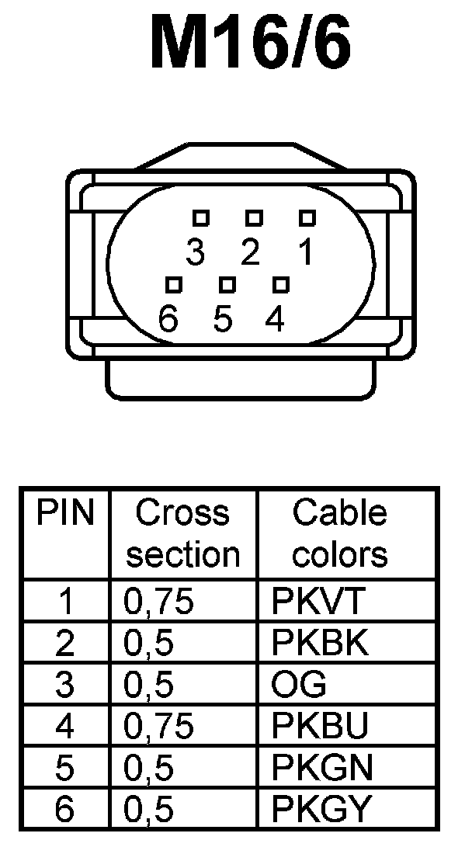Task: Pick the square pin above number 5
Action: click(x=227, y=285)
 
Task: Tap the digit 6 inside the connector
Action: click(x=168, y=319)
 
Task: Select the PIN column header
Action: click(x=66, y=513)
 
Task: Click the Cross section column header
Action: click(x=183, y=534)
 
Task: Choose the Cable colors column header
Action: click(x=339, y=534)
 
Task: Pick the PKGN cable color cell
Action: click(x=321, y=768)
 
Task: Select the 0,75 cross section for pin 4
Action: click(x=158, y=727)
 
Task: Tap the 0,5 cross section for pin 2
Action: click(x=148, y=644)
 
